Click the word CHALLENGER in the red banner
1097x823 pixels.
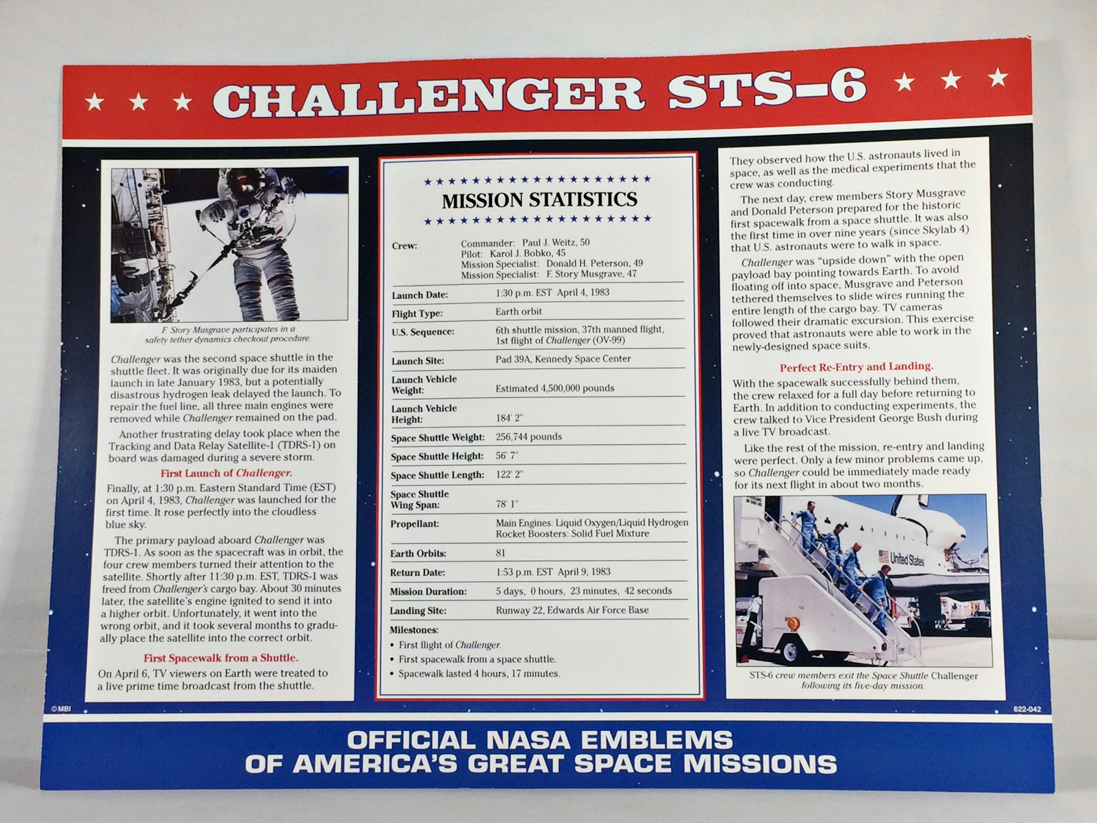point(429,98)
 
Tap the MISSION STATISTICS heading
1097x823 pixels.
point(539,200)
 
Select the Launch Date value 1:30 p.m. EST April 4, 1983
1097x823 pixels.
point(552,293)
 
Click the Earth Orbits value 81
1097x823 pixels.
point(500,553)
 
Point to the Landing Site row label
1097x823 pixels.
point(418,611)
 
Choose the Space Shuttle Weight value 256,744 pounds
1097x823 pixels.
point(529,437)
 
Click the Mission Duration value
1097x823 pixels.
point(584,591)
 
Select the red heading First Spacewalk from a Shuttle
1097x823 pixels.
point(221,658)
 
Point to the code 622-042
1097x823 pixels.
point(1027,710)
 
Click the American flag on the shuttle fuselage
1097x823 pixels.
point(883,556)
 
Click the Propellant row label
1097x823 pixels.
point(415,524)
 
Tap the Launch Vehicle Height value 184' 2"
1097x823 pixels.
point(509,418)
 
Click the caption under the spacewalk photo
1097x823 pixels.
point(228,334)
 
